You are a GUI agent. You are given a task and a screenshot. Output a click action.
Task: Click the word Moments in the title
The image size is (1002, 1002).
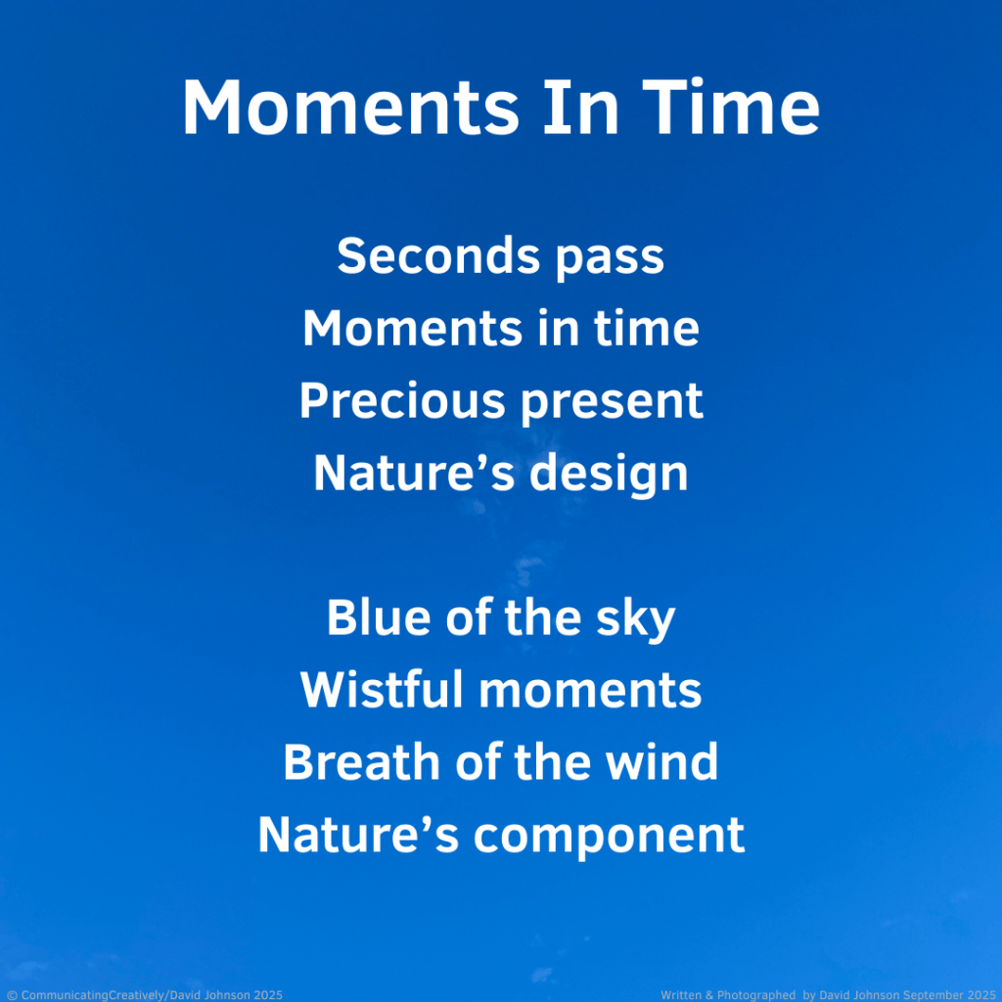(x=351, y=107)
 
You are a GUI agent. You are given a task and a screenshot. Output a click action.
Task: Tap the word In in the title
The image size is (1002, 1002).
(x=581, y=107)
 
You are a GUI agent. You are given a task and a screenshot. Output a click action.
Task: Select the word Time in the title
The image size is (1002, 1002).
(x=730, y=107)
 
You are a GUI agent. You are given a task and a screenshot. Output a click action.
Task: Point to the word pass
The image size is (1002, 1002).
(x=610, y=259)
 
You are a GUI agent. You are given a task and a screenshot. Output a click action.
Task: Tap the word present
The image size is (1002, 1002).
(x=613, y=404)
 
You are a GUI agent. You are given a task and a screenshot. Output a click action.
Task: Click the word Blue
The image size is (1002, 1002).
(x=379, y=617)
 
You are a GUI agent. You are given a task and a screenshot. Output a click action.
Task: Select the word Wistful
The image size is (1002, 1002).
(x=382, y=690)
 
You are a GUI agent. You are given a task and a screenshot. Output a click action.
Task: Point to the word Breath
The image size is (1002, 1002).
(x=362, y=761)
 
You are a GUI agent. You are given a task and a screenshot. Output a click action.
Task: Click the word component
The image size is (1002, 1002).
(x=609, y=838)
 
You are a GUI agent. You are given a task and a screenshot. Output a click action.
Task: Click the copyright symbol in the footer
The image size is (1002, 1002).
(x=12, y=995)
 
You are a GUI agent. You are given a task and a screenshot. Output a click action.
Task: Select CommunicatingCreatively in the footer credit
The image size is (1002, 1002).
(x=93, y=995)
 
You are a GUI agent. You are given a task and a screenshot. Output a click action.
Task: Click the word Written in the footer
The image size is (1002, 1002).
(x=681, y=995)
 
